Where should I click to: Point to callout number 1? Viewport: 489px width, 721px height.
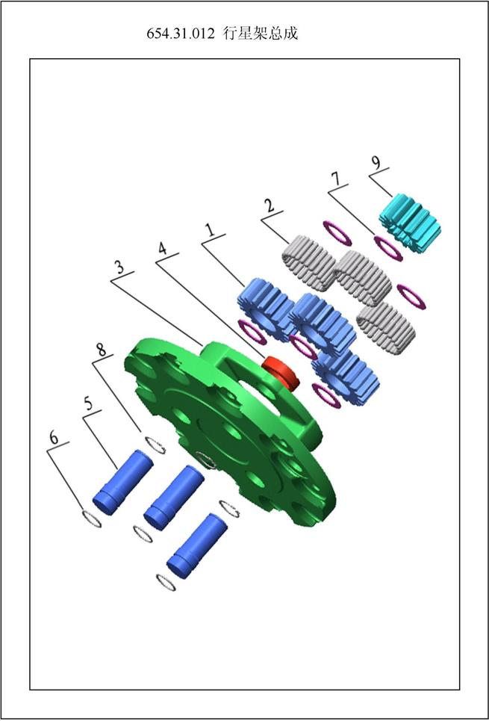click(x=211, y=229)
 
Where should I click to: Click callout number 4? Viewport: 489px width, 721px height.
click(x=162, y=249)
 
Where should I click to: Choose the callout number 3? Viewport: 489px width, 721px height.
click(x=119, y=267)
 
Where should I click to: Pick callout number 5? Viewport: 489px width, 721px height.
click(x=88, y=403)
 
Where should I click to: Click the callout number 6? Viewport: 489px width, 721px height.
click(x=54, y=437)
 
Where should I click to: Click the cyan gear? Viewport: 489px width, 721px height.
click(x=410, y=223)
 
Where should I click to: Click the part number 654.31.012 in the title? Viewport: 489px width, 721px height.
click(x=180, y=34)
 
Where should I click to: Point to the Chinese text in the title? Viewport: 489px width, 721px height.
click(x=261, y=34)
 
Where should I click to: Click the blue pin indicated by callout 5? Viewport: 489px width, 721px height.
click(x=123, y=482)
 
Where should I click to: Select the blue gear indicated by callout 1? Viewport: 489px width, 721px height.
click(x=266, y=309)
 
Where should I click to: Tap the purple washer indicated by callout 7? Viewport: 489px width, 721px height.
click(x=388, y=248)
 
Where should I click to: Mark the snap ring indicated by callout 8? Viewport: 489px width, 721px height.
click(x=155, y=445)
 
